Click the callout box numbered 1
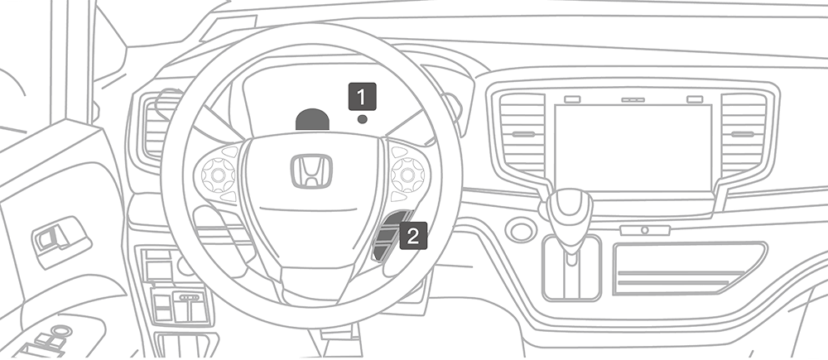pyautogui.click(x=363, y=97)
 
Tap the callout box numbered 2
pyautogui.click(x=413, y=235)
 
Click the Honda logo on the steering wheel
pyautogui.click(x=311, y=171)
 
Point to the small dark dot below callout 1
pyautogui.click(x=363, y=119)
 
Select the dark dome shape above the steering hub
pyautogui.click(x=312, y=119)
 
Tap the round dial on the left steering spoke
pyautogui.click(x=218, y=175)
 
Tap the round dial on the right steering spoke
pyautogui.click(x=407, y=174)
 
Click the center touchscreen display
pyautogui.click(x=633, y=148)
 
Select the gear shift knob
pyautogui.click(x=569, y=210)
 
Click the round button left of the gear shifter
pyautogui.click(x=521, y=230)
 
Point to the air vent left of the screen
pyautogui.click(x=522, y=135)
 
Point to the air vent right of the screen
pyautogui.click(x=744, y=135)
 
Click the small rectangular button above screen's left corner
pyautogui.click(x=572, y=99)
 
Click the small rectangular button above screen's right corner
pyautogui.click(x=695, y=99)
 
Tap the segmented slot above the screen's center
pyautogui.click(x=633, y=100)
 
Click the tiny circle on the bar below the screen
pyautogui.click(x=645, y=230)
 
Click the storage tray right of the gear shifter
pyautogui.click(x=689, y=267)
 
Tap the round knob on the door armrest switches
pyautogui.click(x=61, y=331)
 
